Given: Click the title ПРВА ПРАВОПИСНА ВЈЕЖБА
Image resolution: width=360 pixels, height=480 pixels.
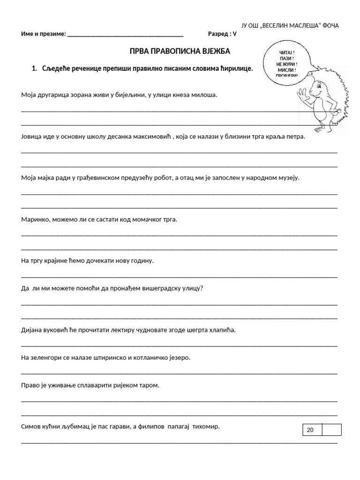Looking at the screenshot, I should tap(180, 51).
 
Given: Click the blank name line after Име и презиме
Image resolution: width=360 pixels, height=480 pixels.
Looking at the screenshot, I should tap(126, 35).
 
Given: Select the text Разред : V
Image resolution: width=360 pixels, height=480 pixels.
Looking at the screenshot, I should tap(223, 34).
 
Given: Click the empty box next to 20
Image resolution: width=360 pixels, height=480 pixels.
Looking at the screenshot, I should tap(331, 430).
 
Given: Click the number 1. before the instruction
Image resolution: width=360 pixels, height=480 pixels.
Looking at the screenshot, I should tap(34, 68).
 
